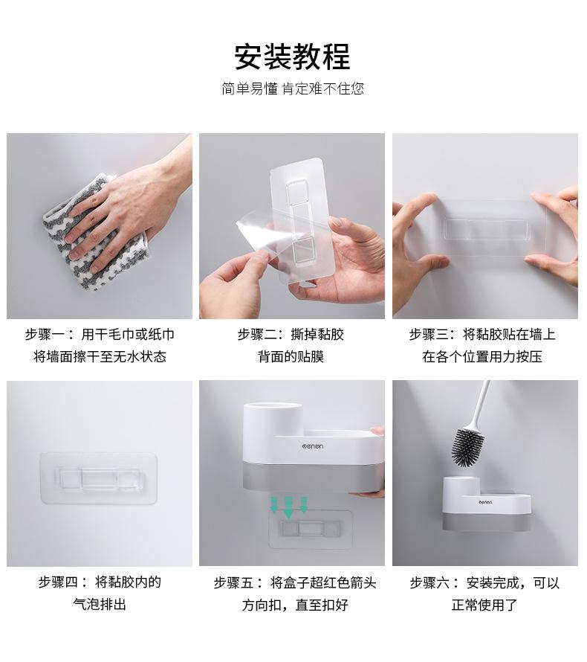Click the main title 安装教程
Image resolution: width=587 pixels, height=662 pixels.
pos(292,57)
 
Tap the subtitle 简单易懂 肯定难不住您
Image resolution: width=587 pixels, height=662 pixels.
pos(293,89)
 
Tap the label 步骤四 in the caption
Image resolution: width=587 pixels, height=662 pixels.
pos(59,582)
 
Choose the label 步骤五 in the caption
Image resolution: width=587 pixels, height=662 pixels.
pos(233,583)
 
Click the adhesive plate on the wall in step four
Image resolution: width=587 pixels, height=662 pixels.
pos(99,478)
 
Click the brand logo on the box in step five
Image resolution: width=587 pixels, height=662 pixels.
pos(313,446)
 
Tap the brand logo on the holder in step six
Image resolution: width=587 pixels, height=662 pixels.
pos(485,502)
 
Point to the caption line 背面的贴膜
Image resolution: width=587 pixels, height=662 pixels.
pos(291,357)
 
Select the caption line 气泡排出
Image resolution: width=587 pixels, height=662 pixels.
pos(100,605)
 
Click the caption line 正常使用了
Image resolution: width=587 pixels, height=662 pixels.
pos(484,605)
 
